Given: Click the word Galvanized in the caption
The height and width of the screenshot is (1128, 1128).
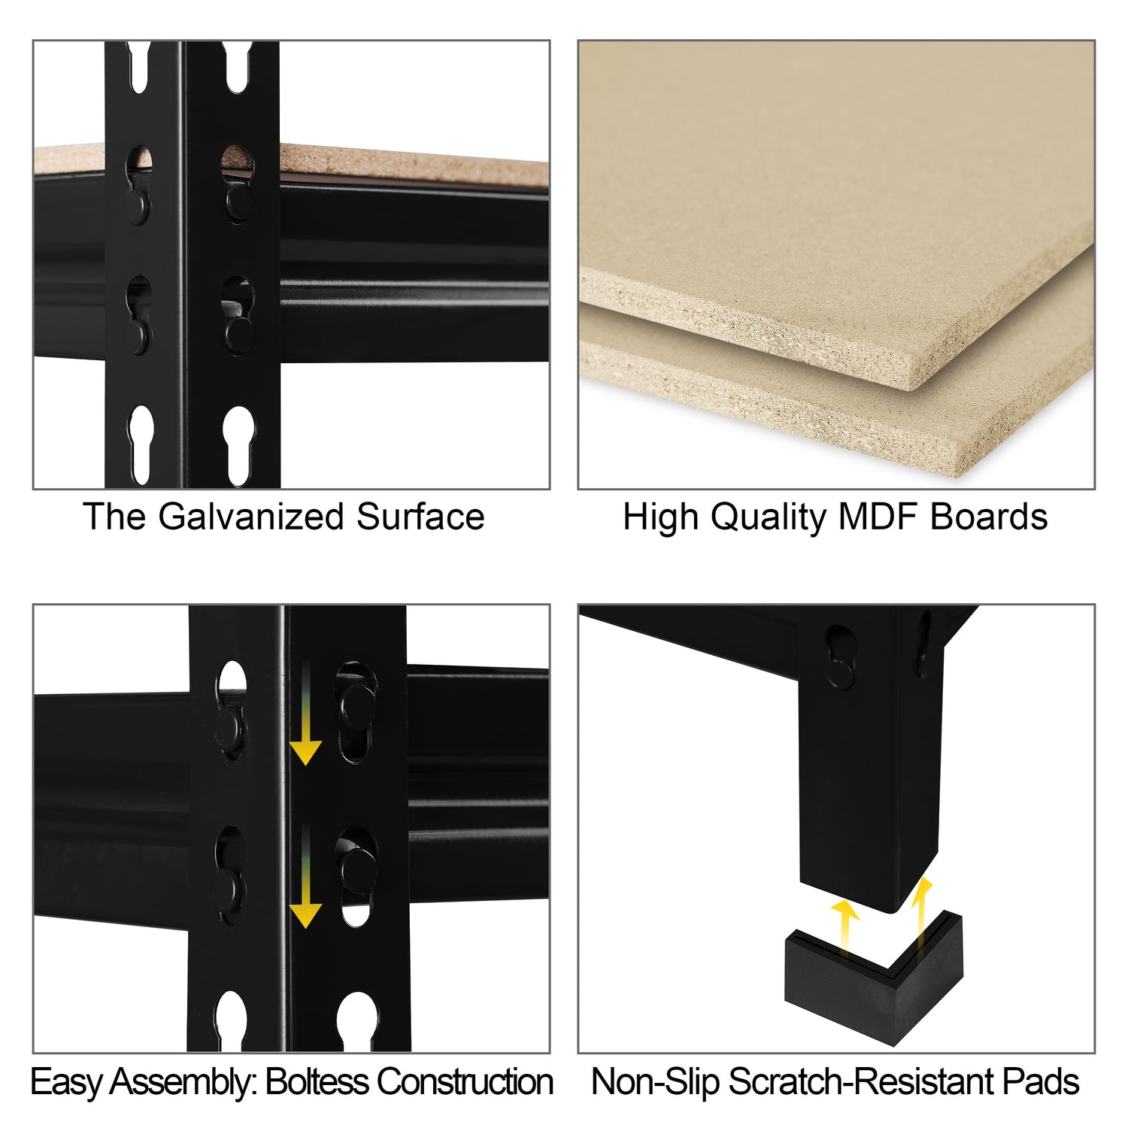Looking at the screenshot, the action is (252, 517).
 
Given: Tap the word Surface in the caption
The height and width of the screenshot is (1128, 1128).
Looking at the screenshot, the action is (420, 517).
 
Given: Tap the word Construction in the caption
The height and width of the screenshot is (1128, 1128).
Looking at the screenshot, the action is (465, 1082).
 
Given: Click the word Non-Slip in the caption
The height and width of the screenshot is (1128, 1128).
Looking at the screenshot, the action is (656, 1082).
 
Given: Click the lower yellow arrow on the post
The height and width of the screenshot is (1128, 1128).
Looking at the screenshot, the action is (305, 875).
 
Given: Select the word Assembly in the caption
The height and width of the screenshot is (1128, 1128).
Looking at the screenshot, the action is (183, 1084).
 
